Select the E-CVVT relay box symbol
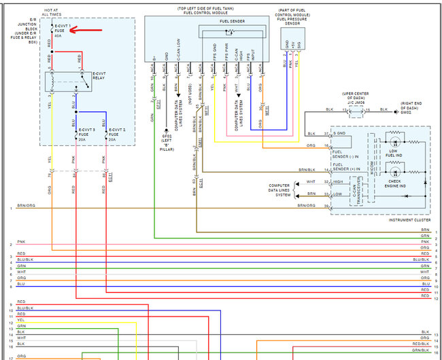(67, 82)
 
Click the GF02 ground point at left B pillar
(165, 135)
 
